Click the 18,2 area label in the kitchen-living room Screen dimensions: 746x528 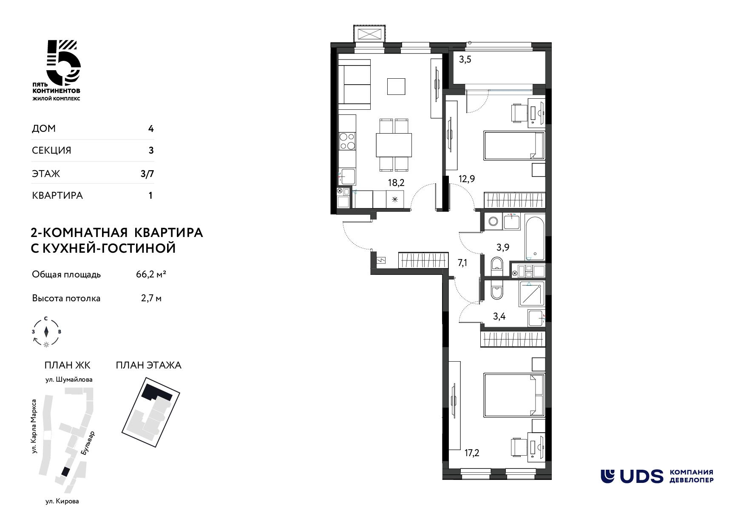[396, 183]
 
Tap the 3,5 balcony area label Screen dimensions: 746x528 [465, 60]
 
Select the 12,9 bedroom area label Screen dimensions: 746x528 [467, 179]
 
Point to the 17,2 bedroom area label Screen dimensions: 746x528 [472, 453]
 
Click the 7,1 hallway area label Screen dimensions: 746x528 [462, 263]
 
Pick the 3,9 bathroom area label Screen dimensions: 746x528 [502, 248]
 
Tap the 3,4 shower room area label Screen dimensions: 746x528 [499, 316]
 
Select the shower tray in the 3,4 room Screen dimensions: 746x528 [531, 294]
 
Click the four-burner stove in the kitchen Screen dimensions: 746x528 [347, 141]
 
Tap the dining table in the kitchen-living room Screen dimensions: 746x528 [394, 145]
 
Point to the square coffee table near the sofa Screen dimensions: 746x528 [396, 86]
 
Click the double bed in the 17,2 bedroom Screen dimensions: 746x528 [514, 395]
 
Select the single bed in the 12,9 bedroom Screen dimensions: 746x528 [514, 146]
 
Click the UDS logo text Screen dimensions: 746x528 [641, 477]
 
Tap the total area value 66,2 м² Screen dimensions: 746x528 [151, 274]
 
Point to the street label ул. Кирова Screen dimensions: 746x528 [62, 501]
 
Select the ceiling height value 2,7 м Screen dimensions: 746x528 [151, 298]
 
